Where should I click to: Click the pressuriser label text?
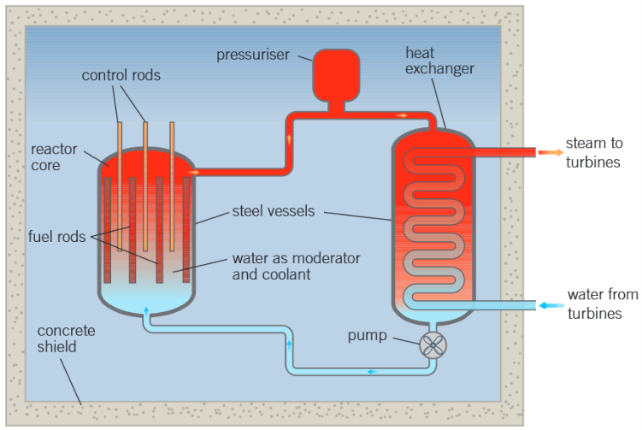(x=252, y=56)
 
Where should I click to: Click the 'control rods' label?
(x=121, y=75)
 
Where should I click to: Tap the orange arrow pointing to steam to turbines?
(x=550, y=152)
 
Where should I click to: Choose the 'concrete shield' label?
(x=67, y=339)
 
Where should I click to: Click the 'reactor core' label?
(x=54, y=156)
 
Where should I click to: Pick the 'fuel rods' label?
(x=56, y=237)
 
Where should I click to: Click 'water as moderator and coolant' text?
(x=296, y=267)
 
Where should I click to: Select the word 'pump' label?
(x=367, y=335)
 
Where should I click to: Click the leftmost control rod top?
(x=120, y=124)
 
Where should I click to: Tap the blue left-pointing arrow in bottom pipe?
(x=371, y=371)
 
